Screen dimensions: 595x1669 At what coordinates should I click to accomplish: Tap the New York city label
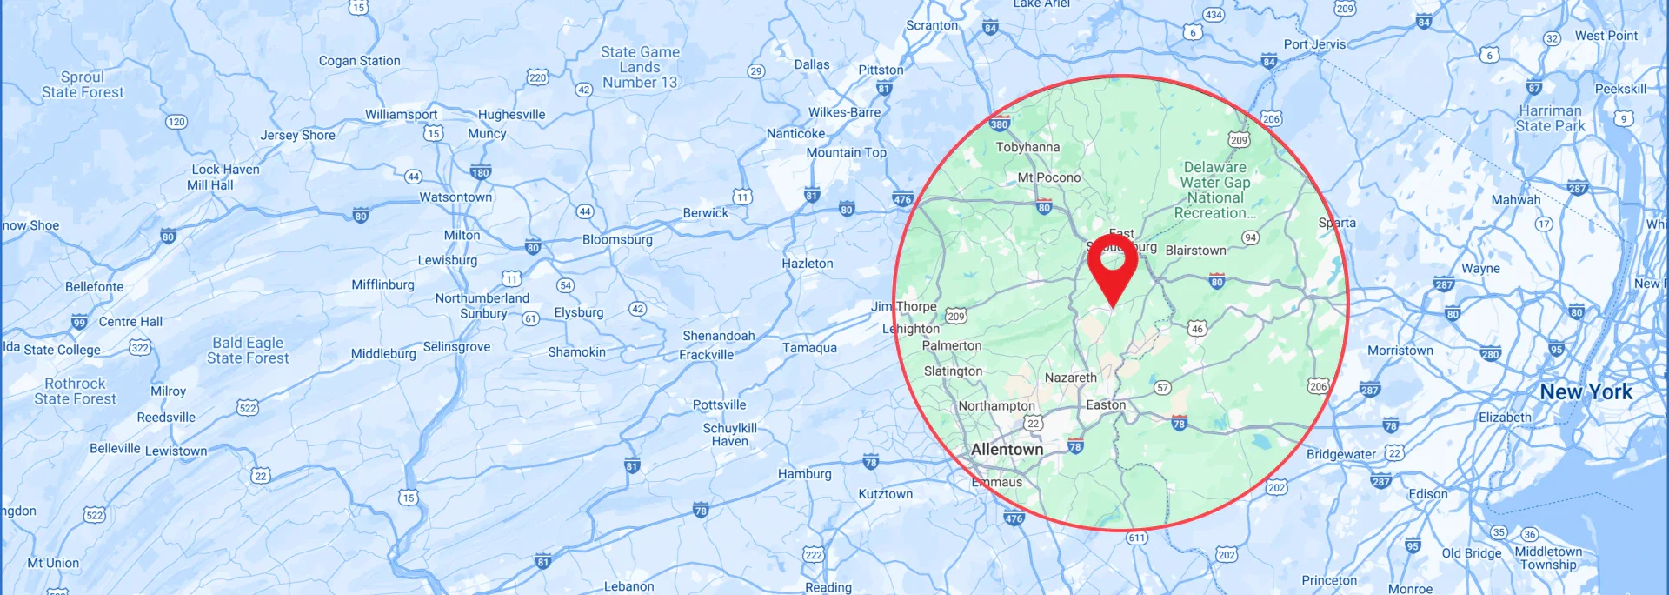[1586, 392]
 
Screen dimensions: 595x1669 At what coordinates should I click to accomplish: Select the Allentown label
[1007, 450]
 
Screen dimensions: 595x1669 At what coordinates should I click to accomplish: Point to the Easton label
[1106, 405]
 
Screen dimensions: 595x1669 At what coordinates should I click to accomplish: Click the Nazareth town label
[1070, 378]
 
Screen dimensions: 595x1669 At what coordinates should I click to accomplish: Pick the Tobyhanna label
[1027, 147]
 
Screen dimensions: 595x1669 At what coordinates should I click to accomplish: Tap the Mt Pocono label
[1049, 177]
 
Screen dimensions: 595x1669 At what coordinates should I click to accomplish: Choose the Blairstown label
[1195, 251]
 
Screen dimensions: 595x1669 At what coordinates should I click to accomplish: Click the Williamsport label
[401, 115]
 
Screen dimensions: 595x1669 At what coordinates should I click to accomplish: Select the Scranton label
[932, 25]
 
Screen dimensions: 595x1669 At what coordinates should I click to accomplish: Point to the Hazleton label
[807, 264]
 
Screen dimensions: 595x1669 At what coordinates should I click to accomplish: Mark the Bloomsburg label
[617, 240]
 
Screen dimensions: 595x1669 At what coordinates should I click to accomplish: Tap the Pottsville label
[719, 405]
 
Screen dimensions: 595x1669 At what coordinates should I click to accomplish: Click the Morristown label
[1400, 351]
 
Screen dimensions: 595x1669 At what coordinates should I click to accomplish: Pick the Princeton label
[1328, 580]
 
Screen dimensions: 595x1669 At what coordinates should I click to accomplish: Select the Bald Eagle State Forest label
[248, 351]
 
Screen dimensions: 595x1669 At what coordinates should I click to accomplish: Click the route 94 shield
[1250, 237]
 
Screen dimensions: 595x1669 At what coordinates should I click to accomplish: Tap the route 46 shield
[1197, 328]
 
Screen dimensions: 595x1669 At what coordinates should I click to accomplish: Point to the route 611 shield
[1136, 538]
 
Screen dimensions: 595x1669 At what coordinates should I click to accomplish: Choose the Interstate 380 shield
[999, 124]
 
